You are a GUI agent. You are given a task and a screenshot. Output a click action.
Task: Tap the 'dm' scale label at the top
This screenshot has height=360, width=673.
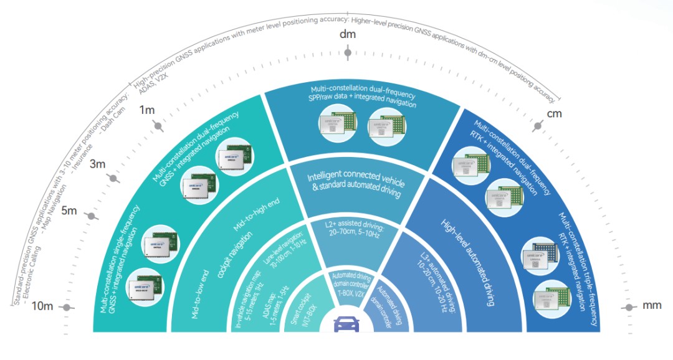point(347,34)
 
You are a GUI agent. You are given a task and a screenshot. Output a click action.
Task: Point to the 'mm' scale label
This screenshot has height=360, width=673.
point(652,306)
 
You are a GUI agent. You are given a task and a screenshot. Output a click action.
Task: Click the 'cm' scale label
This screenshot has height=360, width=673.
point(554,115)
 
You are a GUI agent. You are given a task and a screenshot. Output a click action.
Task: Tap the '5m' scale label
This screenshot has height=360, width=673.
point(69,211)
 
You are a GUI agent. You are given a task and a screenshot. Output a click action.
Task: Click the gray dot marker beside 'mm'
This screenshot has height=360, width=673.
point(628,307)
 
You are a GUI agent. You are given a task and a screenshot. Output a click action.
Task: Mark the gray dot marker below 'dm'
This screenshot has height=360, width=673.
point(348,53)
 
